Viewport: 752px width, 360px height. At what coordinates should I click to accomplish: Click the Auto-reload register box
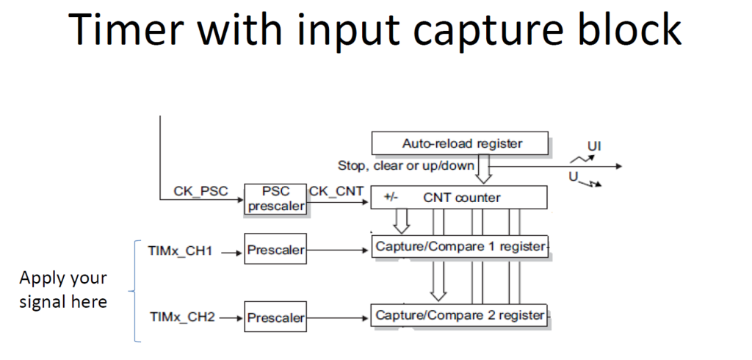[460, 143]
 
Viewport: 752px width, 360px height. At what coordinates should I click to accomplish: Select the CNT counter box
[460, 197]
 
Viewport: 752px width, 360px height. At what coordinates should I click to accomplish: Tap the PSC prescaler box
[275, 199]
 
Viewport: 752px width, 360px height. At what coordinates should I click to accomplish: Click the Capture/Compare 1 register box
[460, 247]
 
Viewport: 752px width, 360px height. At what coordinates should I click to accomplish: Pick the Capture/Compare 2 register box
[460, 315]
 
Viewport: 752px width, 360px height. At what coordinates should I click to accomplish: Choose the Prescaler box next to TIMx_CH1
[275, 251]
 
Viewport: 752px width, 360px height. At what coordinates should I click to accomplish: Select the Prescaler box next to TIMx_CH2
[275, 318]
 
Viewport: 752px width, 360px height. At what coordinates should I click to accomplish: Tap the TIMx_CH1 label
[181, 251]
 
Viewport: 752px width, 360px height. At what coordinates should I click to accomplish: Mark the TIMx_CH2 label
[181, 318]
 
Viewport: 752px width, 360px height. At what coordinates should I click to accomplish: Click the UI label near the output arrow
[594, 146]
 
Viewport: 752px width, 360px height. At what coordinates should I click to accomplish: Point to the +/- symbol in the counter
[391, 197]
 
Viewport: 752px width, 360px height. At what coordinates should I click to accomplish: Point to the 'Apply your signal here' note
[63, 290]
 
